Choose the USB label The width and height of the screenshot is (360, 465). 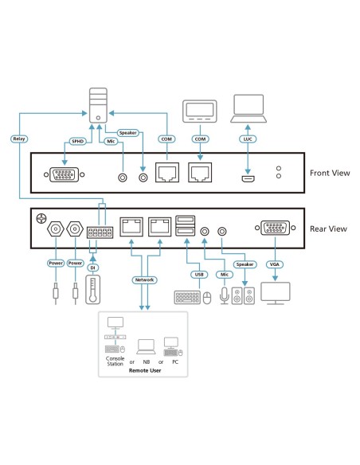pyautogui.click(x=199, y=275)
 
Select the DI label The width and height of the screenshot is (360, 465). pyautogui.click(x=92, y=268)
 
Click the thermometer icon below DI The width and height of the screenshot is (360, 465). pyautogui.click(x=92, y=296)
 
